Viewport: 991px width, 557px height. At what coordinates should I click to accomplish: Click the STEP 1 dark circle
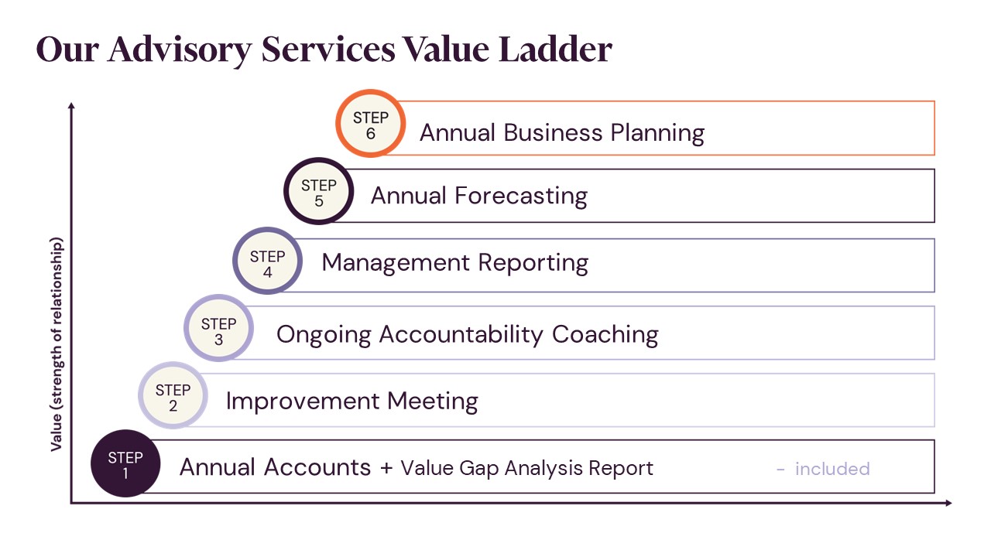coord(125,463)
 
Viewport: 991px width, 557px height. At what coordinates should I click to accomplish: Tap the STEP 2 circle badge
coord(173,396)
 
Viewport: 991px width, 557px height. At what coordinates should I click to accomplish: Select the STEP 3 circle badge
coord(218,329)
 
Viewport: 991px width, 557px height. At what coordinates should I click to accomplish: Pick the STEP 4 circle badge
coord(267,261)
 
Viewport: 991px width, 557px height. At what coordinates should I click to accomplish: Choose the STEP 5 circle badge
coord(318,192)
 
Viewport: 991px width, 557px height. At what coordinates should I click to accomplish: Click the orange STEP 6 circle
coord(370,124)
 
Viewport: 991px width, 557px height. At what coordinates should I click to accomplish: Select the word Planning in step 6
coord(657,133)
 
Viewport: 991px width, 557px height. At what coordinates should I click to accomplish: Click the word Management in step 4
coord(395,263)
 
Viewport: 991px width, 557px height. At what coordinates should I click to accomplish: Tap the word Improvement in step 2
coord(302,402)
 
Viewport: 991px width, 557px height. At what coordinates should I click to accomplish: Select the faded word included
coord(832,469)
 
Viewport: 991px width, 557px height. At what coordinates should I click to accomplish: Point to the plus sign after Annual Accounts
coord(386,469)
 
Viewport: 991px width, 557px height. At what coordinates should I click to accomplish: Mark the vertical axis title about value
coord(57,345)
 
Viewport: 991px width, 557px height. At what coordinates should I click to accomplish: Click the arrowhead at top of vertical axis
coord(71,105)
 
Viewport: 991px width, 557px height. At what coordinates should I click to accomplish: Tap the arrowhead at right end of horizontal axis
coord(948,504)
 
